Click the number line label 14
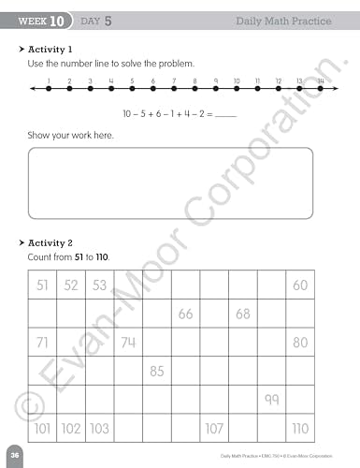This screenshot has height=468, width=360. [320, 81]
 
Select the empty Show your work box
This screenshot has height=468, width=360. [183, 183]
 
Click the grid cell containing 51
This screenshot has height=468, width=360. [42, 285]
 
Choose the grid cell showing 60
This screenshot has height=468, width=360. [300, 285]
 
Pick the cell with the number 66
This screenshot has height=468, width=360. [185, 314]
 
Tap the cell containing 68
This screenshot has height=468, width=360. [243, 314]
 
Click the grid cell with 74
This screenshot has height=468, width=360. [128, 343]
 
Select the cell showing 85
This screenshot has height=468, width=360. [157, 372]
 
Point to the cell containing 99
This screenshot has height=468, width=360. [271, 400]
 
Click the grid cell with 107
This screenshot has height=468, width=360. [214, 429]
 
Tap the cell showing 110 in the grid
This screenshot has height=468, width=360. [300, 429]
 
